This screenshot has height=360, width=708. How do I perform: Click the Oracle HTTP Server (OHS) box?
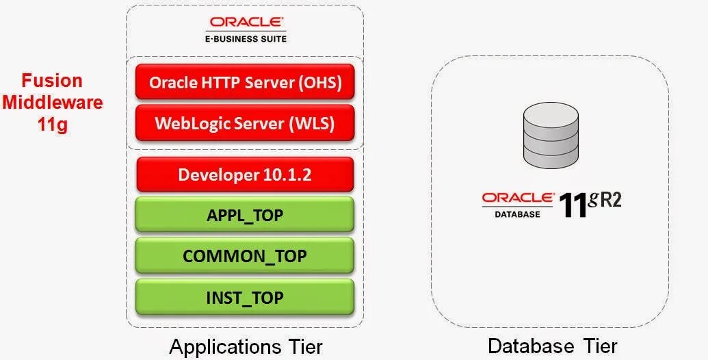245,83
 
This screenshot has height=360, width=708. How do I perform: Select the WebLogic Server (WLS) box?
245,123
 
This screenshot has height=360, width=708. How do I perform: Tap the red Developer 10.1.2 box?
245,174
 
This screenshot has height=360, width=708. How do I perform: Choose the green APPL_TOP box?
245,215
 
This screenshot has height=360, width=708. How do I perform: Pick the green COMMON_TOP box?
245,256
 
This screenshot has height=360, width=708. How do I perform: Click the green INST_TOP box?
245,297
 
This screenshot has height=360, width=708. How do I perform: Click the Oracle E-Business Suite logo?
244,29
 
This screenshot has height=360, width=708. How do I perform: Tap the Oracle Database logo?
518,204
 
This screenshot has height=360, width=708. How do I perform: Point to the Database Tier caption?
552,346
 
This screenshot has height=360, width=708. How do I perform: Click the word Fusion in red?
52,80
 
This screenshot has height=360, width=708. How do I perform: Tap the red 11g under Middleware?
52,125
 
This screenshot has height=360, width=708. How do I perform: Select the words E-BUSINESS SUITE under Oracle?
244,39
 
